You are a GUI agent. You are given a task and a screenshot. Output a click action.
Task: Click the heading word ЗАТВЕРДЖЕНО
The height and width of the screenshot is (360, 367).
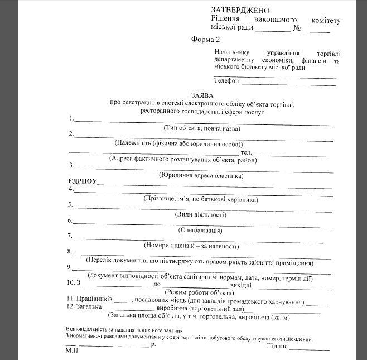(242, 11)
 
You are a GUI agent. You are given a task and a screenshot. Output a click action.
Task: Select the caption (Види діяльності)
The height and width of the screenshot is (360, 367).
(200, 214)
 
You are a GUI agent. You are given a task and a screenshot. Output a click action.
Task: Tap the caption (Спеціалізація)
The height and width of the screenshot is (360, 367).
(200, 230)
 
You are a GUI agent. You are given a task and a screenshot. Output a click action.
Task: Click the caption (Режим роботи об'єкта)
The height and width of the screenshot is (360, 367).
(199, 292)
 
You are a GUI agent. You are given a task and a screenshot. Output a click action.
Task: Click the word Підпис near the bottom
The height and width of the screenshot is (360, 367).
(279, 346)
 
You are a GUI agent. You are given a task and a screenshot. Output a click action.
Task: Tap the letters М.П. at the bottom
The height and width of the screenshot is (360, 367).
(72, 353)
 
